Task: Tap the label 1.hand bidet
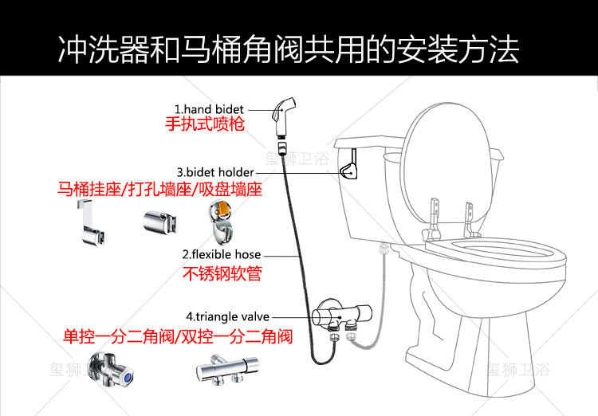tap(210, 109)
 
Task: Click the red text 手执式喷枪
tap(204, 125)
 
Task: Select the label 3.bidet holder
tap(215, 172)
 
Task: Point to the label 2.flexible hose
tap(221, 255)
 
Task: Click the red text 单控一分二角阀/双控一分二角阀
tap(177, 336)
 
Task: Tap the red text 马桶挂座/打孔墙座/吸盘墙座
tap(159, 190)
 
